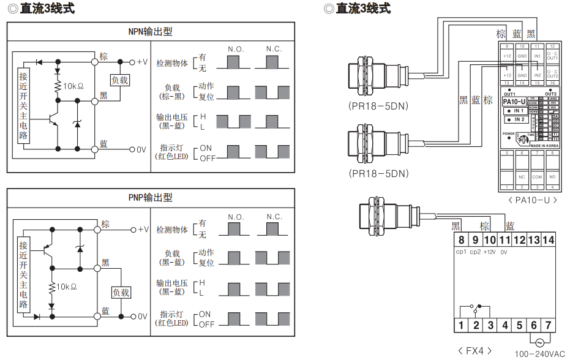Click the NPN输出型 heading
[150, 32]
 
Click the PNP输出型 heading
[150, 197]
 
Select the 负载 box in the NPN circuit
[120, 80]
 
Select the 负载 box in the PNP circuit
[121, 293]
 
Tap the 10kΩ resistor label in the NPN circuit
[73, 86]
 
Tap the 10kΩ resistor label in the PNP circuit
[70, 287]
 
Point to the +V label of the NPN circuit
[142, 62]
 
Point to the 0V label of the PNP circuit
[142, 317]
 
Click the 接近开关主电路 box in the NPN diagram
[24, 105]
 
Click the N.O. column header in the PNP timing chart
[236, 217]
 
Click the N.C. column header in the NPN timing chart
[274, 49]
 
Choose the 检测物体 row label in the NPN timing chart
[172, 63]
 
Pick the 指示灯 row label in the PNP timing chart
[172, 318]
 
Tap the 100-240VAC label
[539, 354]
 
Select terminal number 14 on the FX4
[548, 240]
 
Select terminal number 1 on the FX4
[460, 325]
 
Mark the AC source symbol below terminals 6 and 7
[540, 343]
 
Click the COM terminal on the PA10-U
[537, 177]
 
